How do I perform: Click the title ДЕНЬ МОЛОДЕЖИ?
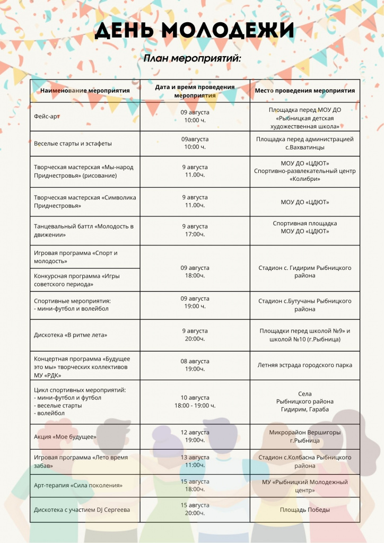click(x=194, y=30)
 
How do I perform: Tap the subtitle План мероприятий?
click(x=192, y=58)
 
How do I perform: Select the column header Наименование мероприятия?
click(x=85, y=91)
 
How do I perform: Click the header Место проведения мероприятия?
click(x=304, y=91)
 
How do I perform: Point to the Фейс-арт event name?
click(x=47, y=116)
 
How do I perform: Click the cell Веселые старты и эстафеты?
click(x=73, y=143)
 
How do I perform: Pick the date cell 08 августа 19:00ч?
click(x=195, y=365)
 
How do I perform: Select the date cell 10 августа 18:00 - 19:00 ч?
click(x=195, y=401)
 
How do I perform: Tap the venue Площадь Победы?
click(x=304, y=510)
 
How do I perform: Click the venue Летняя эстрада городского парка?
click(x=304, y=365)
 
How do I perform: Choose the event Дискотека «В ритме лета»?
click(x=71, y=335)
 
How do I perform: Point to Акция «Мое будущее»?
click(x=65, y=436)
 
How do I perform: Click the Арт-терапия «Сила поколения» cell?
click(x=78, y=485)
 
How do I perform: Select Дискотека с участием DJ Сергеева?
click(x=82, y=510)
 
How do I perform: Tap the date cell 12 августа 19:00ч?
click(x=195, y=436)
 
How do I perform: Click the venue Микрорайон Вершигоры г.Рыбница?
click(x=304, y=436)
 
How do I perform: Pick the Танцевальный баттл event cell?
click(x=83, y=230)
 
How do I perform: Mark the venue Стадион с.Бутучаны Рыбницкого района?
click(x=304, y=305)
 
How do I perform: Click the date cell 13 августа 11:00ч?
click(x=195, y=461)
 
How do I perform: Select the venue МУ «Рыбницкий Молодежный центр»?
click(x=304, y=486)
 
